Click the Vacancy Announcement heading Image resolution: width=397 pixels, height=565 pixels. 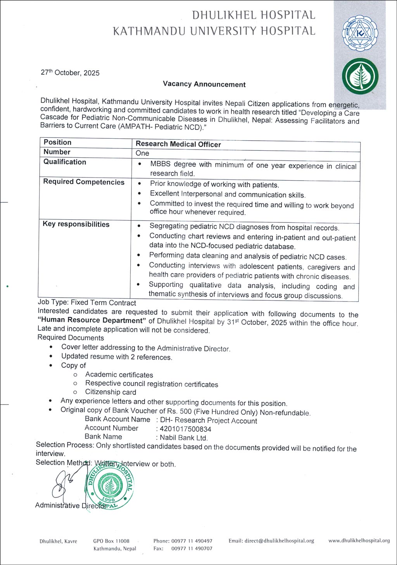point(204,84)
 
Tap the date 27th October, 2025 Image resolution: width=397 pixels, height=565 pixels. point(70,73)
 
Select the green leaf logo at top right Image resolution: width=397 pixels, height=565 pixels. point(360,76)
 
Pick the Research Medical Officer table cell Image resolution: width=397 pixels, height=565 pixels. point(178,144)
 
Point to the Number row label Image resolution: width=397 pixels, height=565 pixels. point(57,152)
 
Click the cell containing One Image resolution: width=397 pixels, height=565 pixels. point(143,153)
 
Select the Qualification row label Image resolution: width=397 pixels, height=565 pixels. point(65,162)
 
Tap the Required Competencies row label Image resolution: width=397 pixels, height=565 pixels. point(84,182)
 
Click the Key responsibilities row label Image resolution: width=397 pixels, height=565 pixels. point(76,224)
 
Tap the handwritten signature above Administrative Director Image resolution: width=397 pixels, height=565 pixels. point(66,482)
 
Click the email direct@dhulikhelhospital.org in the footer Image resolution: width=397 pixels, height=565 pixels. point(271,541)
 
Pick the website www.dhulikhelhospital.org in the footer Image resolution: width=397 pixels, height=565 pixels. point(359,541)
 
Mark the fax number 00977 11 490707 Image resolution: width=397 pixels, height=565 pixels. point(192,549)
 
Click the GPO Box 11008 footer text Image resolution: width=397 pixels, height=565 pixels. point(111,541)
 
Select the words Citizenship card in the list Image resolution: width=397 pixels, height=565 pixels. point(111,392)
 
